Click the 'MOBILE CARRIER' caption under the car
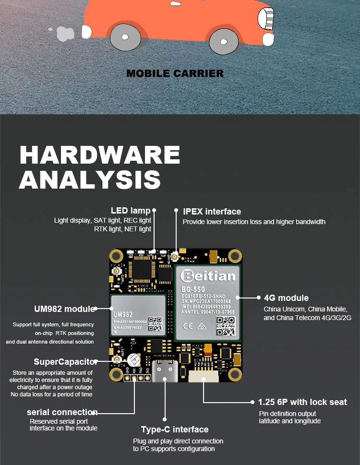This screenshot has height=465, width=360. coord(175,73)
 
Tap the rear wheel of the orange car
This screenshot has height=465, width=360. coord(125,37)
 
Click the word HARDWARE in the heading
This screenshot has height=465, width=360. coord(100,155)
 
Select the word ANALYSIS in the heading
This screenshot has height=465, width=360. coord(90,179)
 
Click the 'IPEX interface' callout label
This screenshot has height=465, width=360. coord(212,211)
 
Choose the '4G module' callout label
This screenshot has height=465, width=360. coord(286,298)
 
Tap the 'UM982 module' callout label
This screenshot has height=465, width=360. coord(65,309)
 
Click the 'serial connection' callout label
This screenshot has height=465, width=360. coord(62,412)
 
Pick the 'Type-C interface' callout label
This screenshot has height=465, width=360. coord(175,429)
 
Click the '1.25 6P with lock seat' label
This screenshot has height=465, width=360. coord(302,402)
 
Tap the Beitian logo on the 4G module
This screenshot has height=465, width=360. coord(208,275)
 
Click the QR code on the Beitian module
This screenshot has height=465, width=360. coord(226,327)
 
